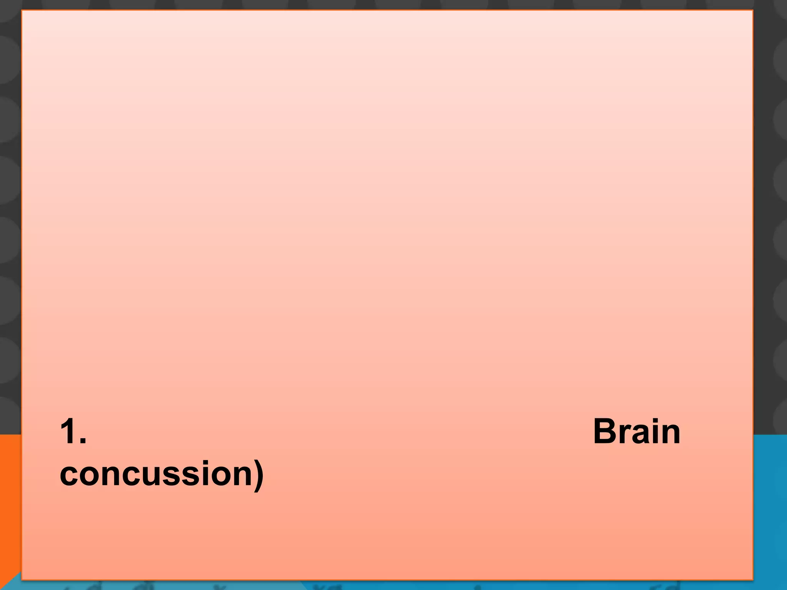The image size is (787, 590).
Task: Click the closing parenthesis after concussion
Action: [259, 474]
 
